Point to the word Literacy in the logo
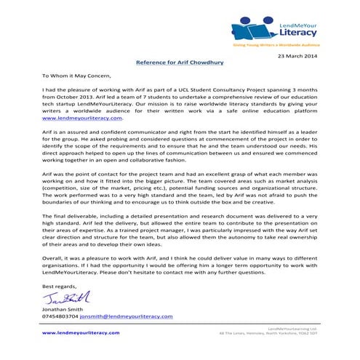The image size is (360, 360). (297, 33)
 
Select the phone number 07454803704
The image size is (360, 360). (60, 317)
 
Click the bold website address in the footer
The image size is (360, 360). (80, 332)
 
